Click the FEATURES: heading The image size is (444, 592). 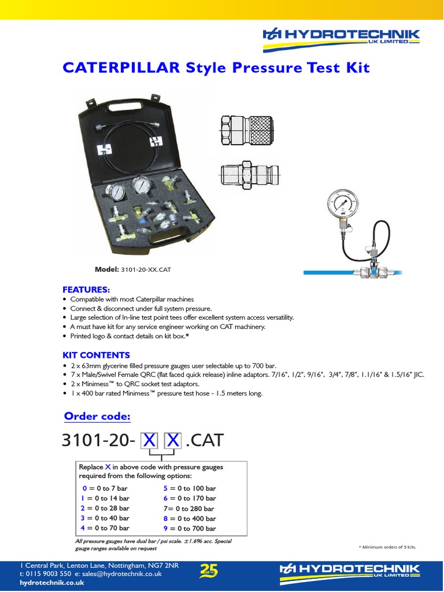tap(86, 288)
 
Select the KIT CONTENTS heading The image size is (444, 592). tap(96, 355)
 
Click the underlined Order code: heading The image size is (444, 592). tap(97, 416)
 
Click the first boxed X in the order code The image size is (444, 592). tap(150, 442)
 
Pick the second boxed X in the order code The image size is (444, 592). tap(172, 442)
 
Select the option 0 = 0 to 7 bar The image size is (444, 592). tap(105, 488)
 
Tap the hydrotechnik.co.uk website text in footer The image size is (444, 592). tap(52, 583)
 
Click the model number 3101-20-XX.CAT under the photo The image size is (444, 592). tap(146, 269)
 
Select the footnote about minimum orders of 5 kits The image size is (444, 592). tap(387, 547)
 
